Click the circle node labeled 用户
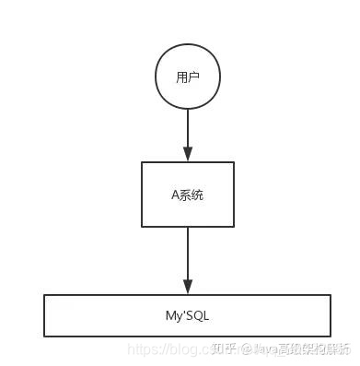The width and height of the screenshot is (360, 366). (x=187, y=77)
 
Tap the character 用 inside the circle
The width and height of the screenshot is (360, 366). (x=181, y=77)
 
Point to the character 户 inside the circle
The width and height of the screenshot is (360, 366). (x=193, y=77)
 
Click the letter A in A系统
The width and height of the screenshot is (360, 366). (x=175, y=195)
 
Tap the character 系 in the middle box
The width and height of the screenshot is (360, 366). (x=185, y=195)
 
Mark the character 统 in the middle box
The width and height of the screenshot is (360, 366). (x=197, y=195)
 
